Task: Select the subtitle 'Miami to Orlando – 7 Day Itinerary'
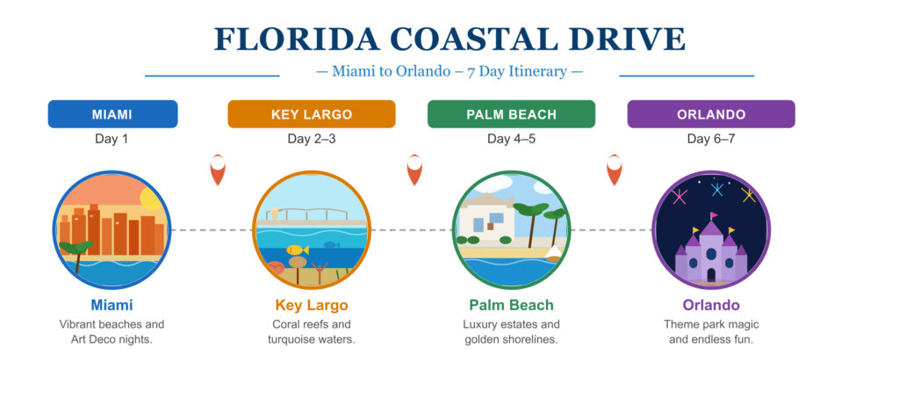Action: tap(449, 71)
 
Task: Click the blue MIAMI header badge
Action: tap(112, 114)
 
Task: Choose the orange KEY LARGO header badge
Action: tap(312, 114)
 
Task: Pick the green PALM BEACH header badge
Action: tap(511, 114)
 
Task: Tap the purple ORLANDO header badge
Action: tap(711, 114)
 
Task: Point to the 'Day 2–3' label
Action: tap(312, 139)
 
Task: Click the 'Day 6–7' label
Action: tap(711, 139)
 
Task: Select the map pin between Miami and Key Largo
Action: tap(218, 169)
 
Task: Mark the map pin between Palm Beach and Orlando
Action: tap(615, 169)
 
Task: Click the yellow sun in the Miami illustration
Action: tap(151, 198)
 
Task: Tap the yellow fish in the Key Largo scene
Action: tap(298, 250)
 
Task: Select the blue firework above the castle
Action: tap(717, 189)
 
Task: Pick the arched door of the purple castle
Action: tap(711, 275)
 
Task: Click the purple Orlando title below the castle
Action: tap(711, 306)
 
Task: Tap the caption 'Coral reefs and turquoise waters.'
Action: tap(312, 332)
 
